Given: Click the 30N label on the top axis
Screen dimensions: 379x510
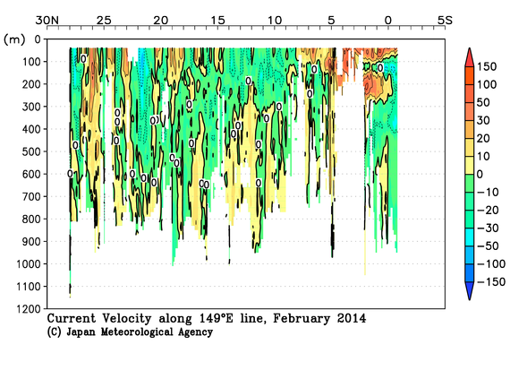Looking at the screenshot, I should click(x=46, y=20).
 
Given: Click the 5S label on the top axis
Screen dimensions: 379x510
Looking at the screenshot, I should click(x=443, y=20).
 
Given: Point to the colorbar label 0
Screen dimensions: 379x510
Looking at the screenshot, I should click(x=483, y=174).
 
